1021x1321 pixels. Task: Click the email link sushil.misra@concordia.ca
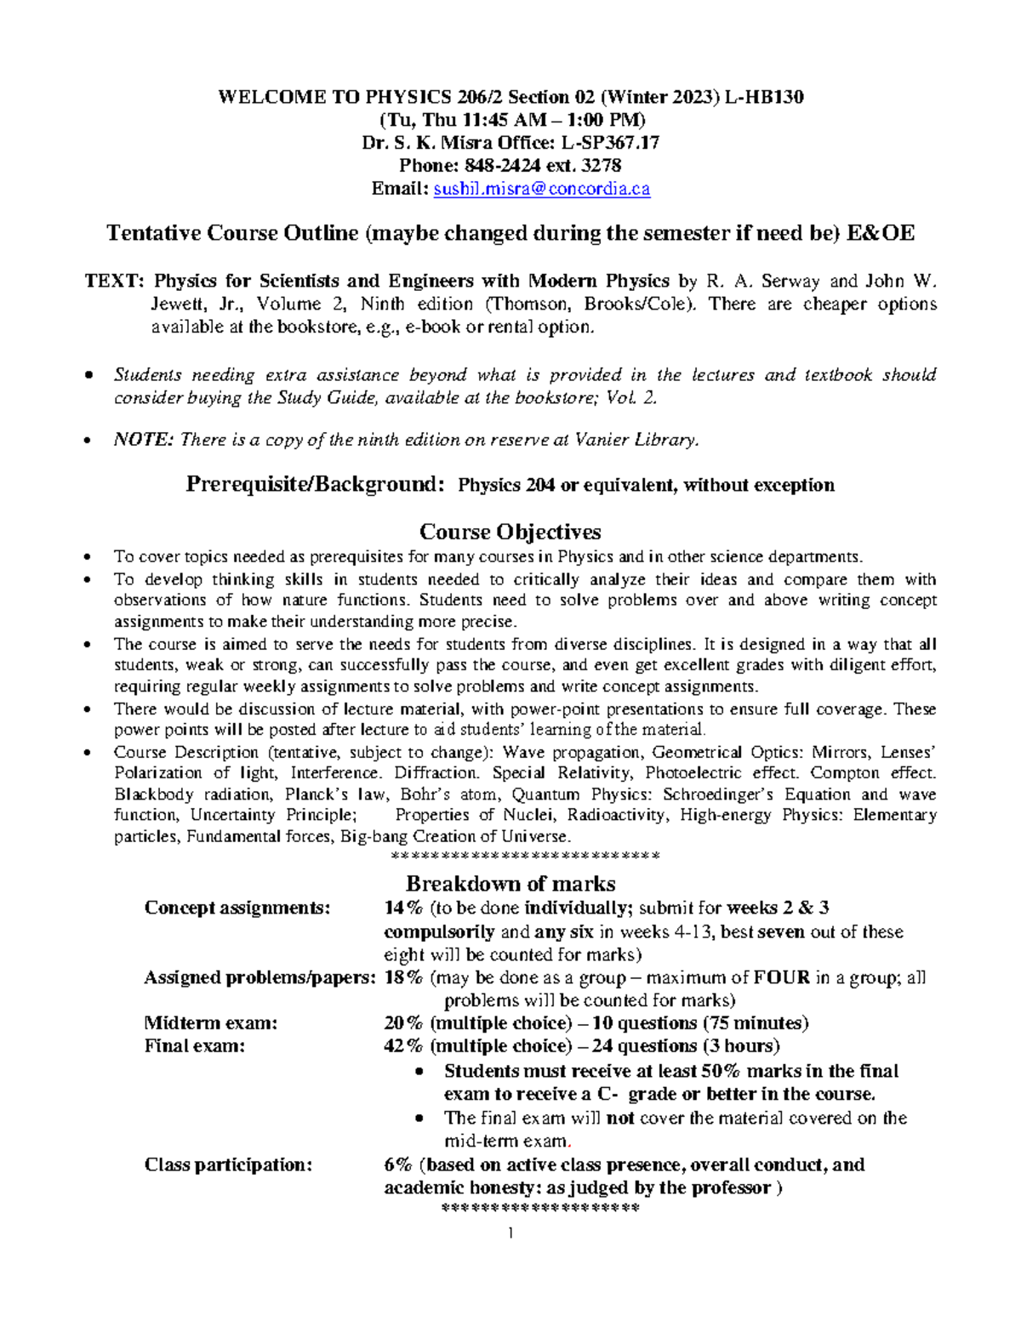[x=541, y=189]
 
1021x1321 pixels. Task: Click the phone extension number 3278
[x=602, y=166]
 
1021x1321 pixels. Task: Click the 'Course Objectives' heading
[x=510, y=532]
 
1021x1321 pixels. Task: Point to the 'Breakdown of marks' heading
[x=510, y=883]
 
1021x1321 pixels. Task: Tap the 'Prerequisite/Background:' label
[x=315, y=485]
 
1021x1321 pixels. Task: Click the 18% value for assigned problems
[x=403, y=977]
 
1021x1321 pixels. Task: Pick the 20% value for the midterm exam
[x=403, y=1022]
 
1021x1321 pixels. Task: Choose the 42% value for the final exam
[x=403, y=1045]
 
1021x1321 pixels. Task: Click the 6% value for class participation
[x=398, y=1164]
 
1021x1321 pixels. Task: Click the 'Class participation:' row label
[x=228, y=1164]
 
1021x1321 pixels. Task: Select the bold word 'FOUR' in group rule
[x=781, y=977]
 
